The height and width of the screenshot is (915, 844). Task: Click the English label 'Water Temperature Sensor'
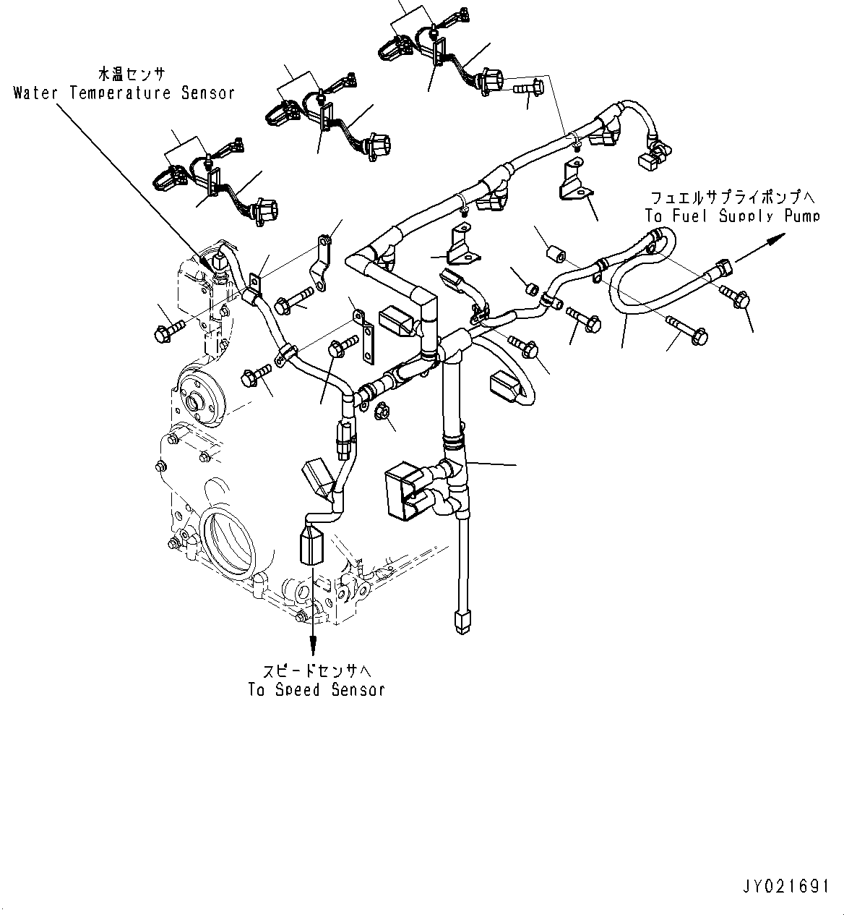124,93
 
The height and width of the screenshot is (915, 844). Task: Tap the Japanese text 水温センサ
132,75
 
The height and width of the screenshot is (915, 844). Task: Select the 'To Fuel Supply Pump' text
732,216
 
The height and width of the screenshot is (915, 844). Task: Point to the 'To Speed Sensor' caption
316,689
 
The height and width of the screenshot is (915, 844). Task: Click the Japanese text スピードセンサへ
316,670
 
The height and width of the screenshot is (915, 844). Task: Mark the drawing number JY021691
785,887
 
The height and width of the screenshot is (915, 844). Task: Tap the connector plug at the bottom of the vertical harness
460,621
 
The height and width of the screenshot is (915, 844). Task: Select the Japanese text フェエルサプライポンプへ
732,197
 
